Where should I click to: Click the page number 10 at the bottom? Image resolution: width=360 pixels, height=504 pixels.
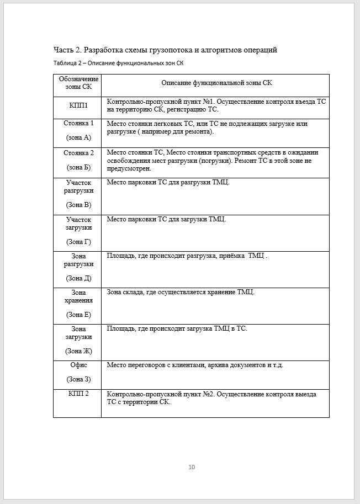click(192, 467)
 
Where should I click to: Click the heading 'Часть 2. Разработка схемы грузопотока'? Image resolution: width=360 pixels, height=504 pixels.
click(165, 50)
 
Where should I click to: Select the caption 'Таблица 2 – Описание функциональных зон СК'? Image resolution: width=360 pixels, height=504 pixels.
click(119, 63)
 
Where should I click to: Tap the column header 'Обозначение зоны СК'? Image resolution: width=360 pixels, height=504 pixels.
click(78, 83)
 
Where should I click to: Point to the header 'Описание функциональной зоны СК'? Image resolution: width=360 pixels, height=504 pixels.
click(216, 83)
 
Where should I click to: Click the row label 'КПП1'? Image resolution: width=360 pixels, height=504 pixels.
click(78, 104)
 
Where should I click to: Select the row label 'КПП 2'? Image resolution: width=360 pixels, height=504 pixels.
click(78, 394)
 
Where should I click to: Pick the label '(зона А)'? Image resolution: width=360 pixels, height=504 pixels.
click(78, 137)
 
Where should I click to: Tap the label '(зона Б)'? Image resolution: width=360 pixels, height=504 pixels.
click(78, 167)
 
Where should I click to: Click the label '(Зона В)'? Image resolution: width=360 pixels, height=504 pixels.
click(78, 205)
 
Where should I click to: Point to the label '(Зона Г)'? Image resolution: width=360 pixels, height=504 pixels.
click(78, 242)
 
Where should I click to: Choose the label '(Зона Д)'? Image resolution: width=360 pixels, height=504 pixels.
click(78, 278)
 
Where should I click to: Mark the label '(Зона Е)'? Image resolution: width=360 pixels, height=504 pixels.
click(78, 315)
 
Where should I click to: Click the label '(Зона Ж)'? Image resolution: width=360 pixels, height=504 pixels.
click(78, 351)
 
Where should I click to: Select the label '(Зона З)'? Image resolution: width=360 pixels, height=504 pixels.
click(78, 379)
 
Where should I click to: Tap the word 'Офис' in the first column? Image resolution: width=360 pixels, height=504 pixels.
click(78, 365)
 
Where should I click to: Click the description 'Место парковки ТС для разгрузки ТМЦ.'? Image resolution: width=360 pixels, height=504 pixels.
click(168, 182)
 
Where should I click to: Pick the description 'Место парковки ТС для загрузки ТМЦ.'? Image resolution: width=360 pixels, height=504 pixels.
click(166, 219)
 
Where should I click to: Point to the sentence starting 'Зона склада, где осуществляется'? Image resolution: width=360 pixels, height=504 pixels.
click(181, 292)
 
